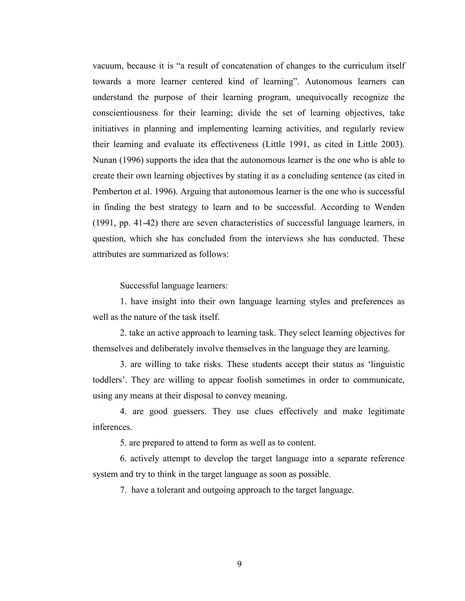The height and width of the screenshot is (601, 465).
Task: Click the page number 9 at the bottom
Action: pos(239,564)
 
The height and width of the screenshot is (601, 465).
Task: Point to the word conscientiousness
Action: pos(125,113)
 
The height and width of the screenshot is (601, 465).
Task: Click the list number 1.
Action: pos(123,302)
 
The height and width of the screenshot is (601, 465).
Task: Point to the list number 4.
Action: pos(123,411)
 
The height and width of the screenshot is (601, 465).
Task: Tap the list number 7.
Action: pos(123,490)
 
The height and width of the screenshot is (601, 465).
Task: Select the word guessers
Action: pos(190,411)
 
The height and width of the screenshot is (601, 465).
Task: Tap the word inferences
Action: pos(112,427)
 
